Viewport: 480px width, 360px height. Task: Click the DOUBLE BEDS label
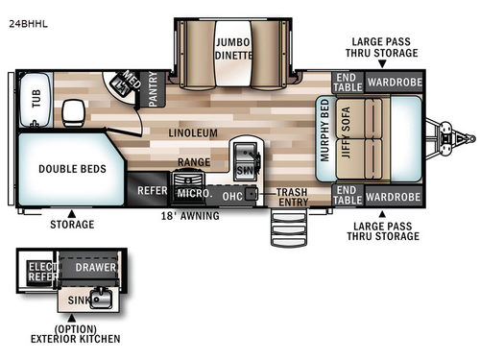72,170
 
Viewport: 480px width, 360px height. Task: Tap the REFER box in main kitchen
151,191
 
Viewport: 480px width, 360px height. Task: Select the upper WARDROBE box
392,83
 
